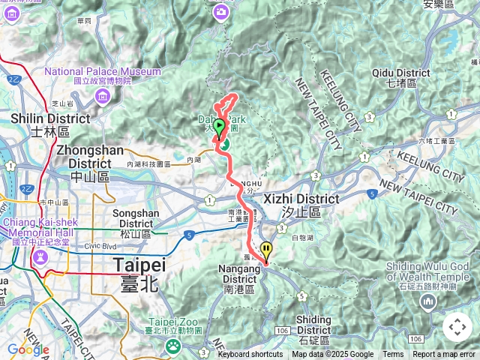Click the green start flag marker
(219, 126)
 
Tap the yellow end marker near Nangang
(265, 251)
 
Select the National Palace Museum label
(103, 72)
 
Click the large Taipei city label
(139, 265)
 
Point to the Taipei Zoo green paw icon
(173, 346)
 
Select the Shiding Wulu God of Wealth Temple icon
(428, 302)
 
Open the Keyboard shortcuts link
(250, 355)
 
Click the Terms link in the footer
(392, 355)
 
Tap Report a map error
(444, 355)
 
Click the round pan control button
(457, 328)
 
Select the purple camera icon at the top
(220, 11)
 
